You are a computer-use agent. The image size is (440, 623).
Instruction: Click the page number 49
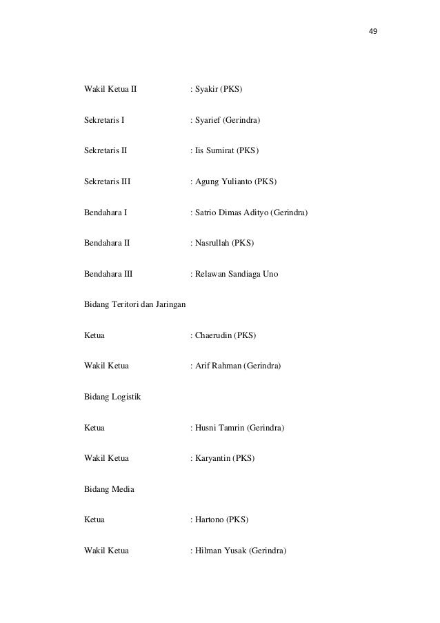click(373, 32)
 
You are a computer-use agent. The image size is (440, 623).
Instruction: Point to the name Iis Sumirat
click(214, 150)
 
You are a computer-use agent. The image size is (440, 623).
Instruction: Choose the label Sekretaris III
click(107, 181)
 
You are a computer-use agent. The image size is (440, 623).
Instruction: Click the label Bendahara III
click(108, 274)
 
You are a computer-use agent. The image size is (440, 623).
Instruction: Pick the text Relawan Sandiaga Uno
click(236, 274)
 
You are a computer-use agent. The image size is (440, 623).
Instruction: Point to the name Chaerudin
click(213, 335)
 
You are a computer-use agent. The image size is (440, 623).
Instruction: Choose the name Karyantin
click(212, 458)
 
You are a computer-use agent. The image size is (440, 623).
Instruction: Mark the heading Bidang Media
click(109, 489)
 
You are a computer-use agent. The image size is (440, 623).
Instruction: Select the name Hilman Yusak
click(219, 551)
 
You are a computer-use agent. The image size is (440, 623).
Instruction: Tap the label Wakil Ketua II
click(110, 90)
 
